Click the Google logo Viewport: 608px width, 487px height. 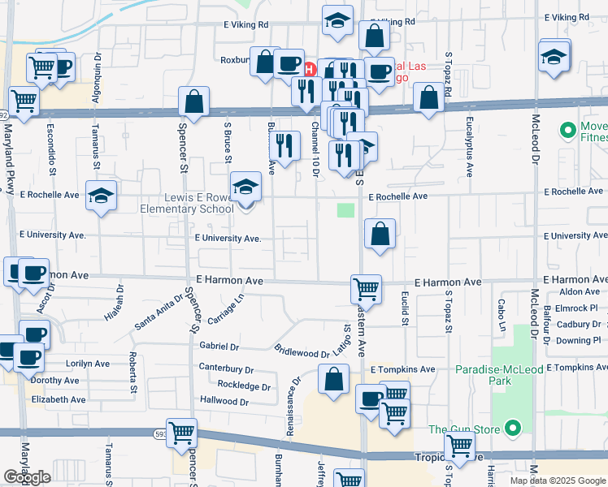click(27, 477)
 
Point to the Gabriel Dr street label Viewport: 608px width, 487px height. click(219, 347)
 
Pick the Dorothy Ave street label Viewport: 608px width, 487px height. click(55, 380)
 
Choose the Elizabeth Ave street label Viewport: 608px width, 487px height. click(58, 399)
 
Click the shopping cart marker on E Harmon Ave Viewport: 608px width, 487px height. click(367, 287)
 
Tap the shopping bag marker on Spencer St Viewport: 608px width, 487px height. click(193, 101)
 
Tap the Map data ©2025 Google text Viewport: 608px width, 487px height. click(557, 481)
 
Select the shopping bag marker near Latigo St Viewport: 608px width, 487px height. click(333, 378)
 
